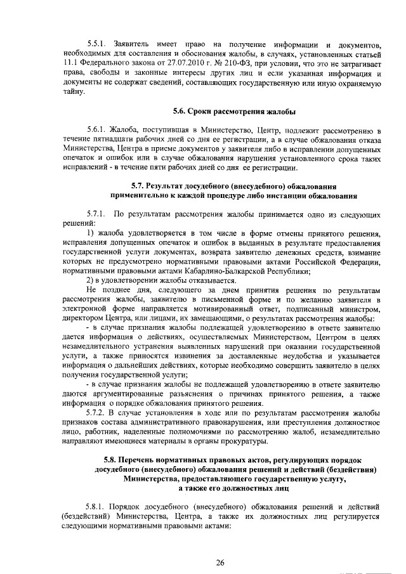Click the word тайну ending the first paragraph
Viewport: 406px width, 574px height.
tap(73, 91)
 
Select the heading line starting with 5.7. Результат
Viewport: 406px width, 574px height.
tap(233, 186)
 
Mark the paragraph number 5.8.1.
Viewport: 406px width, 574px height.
tap(97, 507)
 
